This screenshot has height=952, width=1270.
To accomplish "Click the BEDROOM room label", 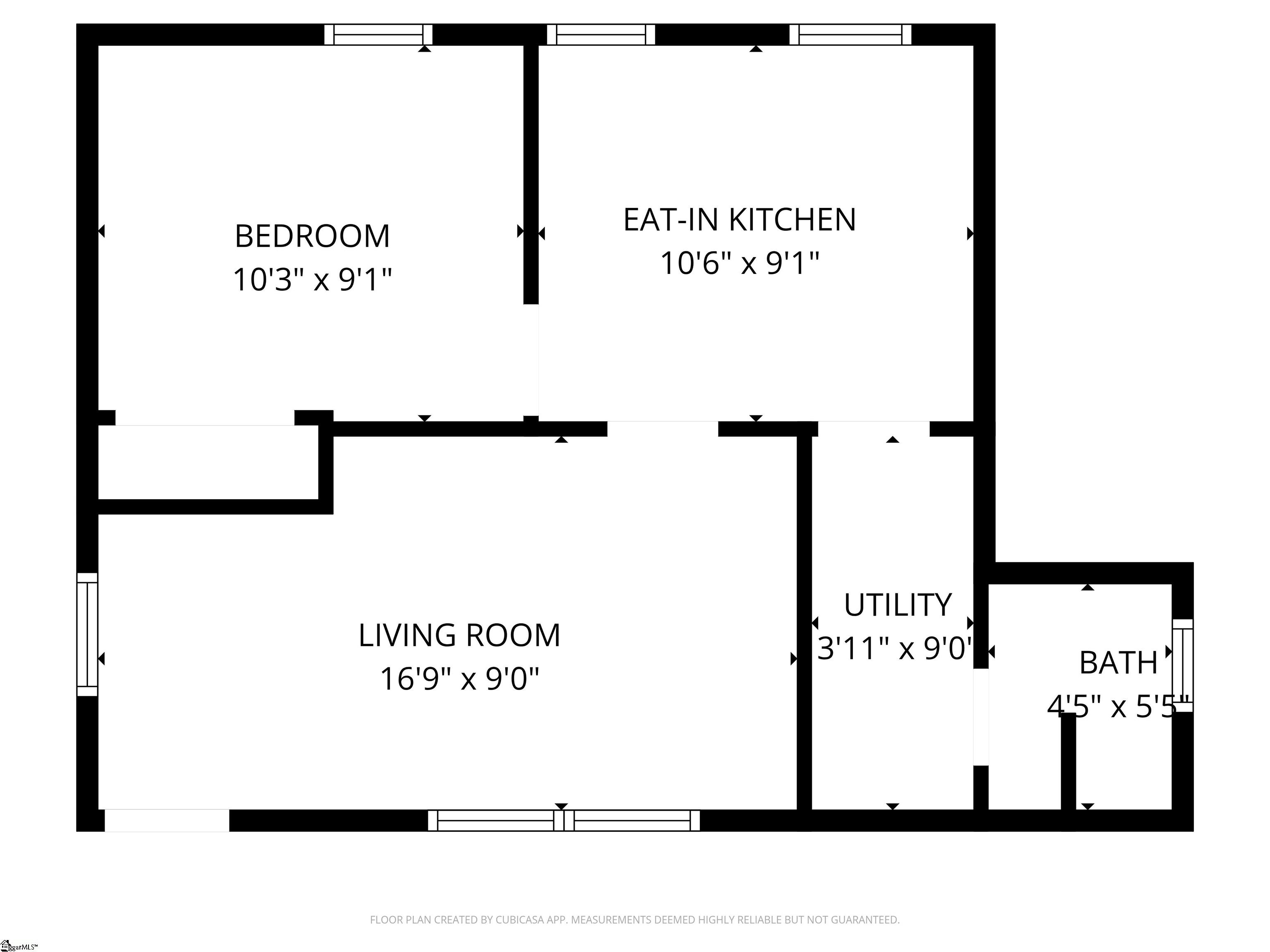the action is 313,236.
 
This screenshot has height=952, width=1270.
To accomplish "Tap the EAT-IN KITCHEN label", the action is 740,220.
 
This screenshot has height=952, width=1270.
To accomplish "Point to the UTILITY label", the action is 898,605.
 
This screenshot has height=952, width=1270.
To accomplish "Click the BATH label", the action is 1118,663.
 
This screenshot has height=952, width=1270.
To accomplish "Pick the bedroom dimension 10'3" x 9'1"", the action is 313,280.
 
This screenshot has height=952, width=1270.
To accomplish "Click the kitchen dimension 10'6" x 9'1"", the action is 740,263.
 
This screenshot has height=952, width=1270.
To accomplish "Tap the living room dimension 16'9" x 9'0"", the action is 459,679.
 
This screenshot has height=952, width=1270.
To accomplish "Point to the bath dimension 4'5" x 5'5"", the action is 1118,707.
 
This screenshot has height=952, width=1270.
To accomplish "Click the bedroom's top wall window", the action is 378,34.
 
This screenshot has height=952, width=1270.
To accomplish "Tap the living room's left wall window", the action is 87,634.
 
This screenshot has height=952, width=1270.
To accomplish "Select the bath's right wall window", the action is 1182,665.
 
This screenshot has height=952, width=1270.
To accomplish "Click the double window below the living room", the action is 564,821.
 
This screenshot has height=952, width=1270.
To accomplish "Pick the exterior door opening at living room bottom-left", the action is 167,821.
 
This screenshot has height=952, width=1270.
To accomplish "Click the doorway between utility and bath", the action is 981,717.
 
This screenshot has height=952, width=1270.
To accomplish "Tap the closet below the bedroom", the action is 208,462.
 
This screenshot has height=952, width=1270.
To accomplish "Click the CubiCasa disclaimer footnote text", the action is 635,920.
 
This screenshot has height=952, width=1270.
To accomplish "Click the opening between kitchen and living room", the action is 663,428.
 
